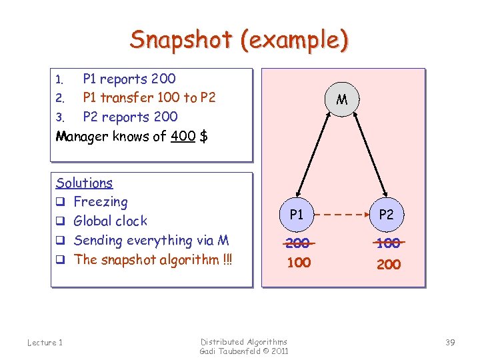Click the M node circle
(342, 101)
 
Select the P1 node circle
(297, 215)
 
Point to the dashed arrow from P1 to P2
(342, 215)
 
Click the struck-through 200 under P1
(297, 243)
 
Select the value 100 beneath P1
(298, 263)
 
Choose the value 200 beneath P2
(389, 264)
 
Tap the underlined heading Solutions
(84, 183)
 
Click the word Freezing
(100, 201)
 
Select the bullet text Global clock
(110, 221)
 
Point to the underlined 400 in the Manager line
(183, 137)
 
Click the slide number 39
(450, 342)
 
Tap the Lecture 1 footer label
(45, 342)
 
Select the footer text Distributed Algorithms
(244, 341)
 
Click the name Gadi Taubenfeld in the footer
(230, 351)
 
